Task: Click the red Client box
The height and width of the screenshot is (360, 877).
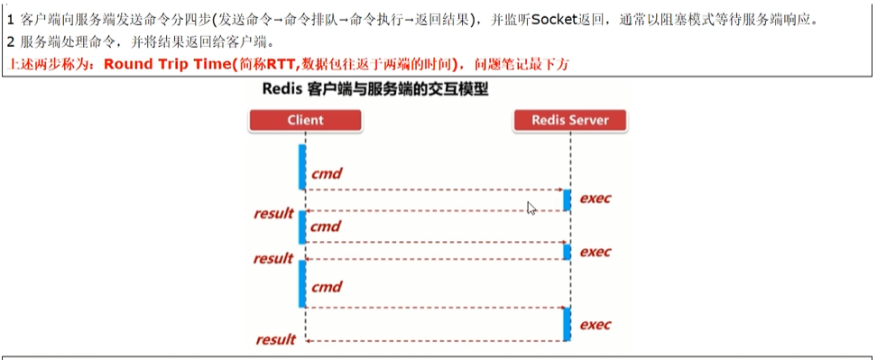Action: click(305, 120)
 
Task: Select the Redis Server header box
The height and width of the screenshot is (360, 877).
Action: click(569, 120)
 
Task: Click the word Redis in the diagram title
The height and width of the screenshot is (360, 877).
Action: click(282, 90)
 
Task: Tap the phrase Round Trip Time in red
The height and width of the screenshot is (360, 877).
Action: click(167, 65)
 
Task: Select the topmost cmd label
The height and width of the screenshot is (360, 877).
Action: click(326, 173)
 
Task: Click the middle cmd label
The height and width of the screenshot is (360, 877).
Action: click(326, 226)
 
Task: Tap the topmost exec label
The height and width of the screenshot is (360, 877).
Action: click(595, 198)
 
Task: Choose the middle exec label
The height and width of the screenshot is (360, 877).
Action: click(595, 252)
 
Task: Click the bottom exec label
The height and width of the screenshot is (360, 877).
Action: click(595, 324)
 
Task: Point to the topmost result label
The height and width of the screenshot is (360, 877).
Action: click(273, 214)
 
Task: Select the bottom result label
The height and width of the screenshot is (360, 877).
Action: click(275, 340)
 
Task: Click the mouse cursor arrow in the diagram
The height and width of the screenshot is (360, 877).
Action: click(531, 208)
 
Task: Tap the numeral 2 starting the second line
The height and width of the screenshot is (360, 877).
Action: click(10, 42)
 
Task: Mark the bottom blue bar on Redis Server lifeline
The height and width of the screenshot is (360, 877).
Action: click(567, 324)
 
